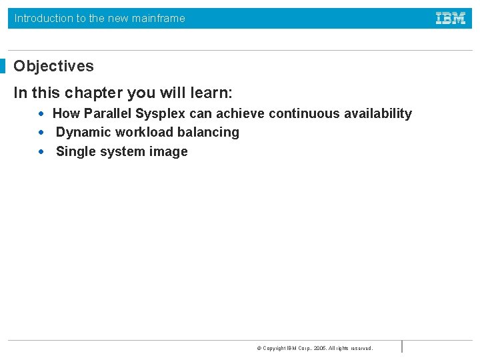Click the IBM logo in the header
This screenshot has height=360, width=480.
point(451,18)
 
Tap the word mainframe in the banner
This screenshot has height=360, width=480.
point(159,19)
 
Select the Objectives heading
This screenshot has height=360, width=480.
point(53,67)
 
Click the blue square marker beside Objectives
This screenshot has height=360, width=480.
point(3,66)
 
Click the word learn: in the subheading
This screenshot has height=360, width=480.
point(211,93)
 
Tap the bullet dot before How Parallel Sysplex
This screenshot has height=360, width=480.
point(41,114)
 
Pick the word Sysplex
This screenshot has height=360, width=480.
point(160,114)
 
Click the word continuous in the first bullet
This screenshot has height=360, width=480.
point(304,113)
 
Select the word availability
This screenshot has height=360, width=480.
point(378,114)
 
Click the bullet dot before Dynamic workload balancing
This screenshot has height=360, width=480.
point(41,133)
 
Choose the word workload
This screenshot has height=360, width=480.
point(144,132)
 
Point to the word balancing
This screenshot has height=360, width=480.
point(208,133)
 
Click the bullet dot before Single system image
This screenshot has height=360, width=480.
point(41,151)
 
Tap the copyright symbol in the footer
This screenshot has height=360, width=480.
point(259,348)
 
